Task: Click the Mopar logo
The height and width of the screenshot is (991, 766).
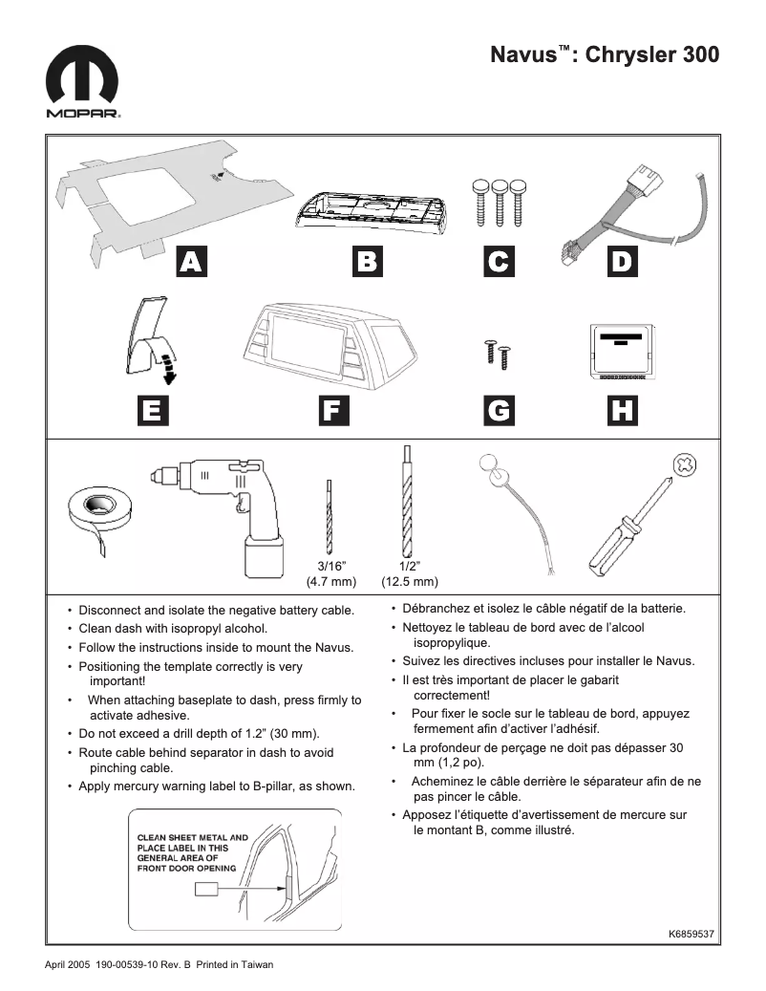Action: point(83,84)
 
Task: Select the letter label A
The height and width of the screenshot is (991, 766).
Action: point(192,261)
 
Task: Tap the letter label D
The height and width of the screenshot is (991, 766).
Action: point(622,261)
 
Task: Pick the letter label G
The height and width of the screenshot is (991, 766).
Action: point(499,410)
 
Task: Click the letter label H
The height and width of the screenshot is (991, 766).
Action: point(622,410)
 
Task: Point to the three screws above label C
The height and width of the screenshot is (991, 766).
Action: point(499,200)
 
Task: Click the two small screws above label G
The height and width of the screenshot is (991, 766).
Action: point(498,353)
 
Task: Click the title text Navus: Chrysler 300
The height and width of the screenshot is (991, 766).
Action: point(605,54)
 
